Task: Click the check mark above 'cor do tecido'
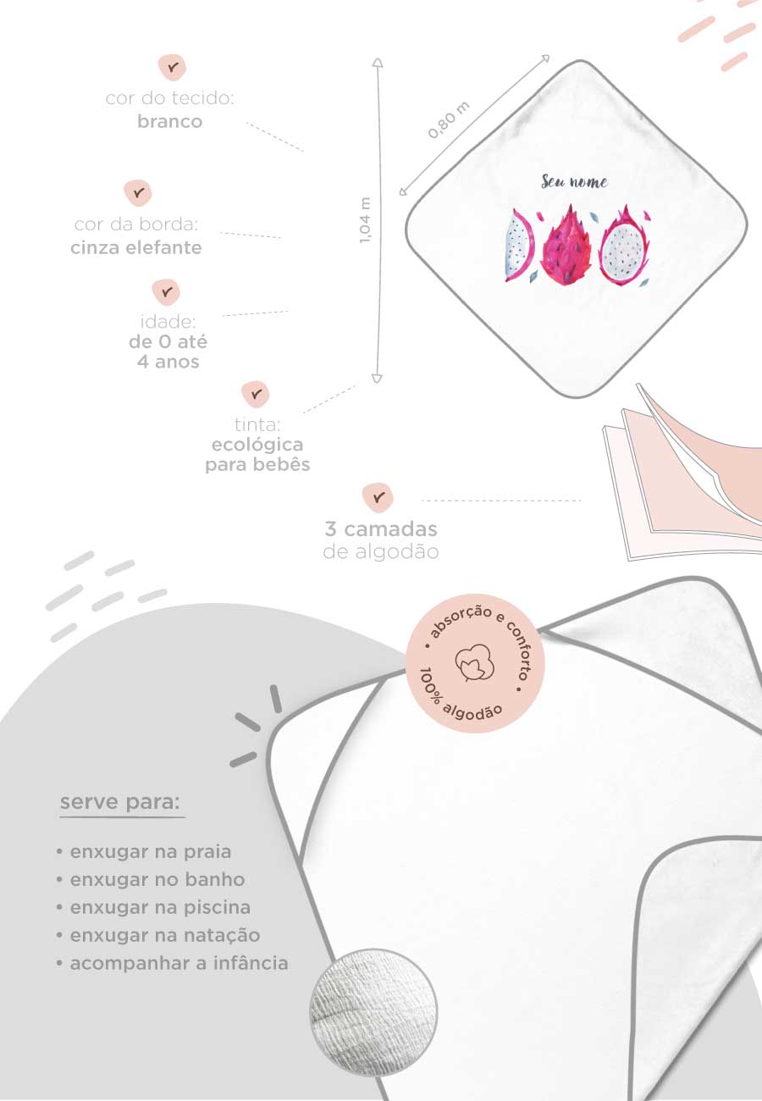(x=173, y=67)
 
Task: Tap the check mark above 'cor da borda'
(x=138, y=192)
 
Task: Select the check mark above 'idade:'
(x=167, y=292)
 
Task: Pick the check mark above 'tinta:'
(x=256, y=394)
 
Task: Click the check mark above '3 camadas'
(x=378, y=497)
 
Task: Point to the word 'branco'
(x=170, y=121)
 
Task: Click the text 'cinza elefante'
(x=136, y=247)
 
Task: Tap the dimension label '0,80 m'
(x=449, y=120)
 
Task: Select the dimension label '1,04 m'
(x=365, y=220)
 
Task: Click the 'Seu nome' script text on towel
(x=574, y=182)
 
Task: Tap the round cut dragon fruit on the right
(x=624, y=246)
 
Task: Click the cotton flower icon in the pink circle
(x=475, y=663)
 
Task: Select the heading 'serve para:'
(x=120, y=803)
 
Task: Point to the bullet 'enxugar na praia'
(x=143, y=852)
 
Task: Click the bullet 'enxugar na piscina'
(x=153, y=907)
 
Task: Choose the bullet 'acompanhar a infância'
(x=172, y=964)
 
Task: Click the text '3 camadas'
(x=381, y=529)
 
